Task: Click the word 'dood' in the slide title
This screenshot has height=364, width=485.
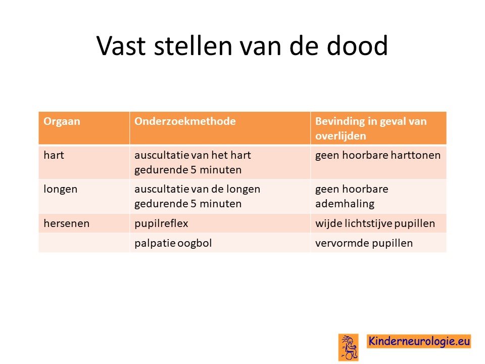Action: click(357, 46)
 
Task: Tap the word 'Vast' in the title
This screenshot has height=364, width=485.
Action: click(121, 46)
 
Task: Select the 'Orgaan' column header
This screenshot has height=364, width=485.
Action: click(62, 121)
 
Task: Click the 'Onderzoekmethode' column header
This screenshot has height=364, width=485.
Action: click(185, 121)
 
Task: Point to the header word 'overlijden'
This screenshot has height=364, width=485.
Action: click(341, 136)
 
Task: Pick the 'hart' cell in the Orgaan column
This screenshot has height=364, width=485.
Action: click(54, 155)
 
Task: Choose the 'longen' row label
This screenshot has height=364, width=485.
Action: click(60, 190)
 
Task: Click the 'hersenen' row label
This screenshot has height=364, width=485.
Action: click(67, 223)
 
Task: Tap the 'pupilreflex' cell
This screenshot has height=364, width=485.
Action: click(161, 223)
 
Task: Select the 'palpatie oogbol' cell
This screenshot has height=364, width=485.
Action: click(173, 243)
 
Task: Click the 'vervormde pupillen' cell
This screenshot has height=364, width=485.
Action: click(364, 243)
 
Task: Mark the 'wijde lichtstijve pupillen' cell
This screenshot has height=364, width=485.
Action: click(375, 223)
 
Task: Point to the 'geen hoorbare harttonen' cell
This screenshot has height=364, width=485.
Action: click(378, 155)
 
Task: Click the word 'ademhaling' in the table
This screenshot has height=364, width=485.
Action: click(345, 204)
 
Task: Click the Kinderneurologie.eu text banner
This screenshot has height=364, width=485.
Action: click(419, 341)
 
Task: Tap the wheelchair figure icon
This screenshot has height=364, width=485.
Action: click(348, 347)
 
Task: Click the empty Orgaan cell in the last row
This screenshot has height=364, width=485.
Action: click(84, 243)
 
